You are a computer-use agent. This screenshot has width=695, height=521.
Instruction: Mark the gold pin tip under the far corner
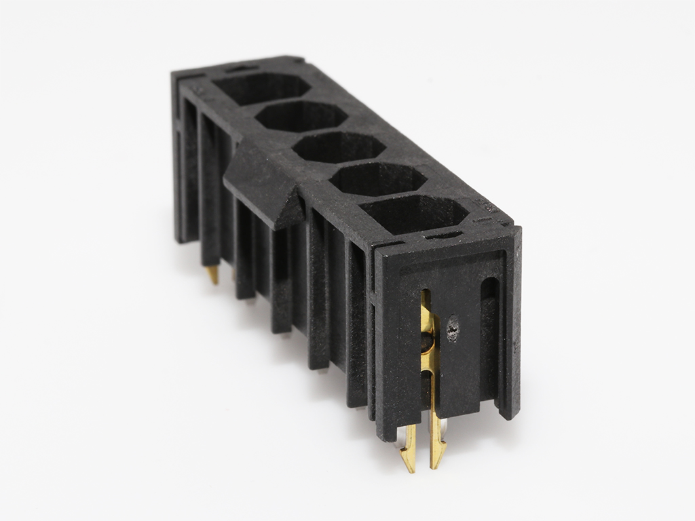tap(212, 275)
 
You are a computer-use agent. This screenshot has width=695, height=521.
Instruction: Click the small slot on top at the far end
tap(242, 67)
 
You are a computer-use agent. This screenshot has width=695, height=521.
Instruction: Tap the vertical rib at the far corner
tap(181, 156)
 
